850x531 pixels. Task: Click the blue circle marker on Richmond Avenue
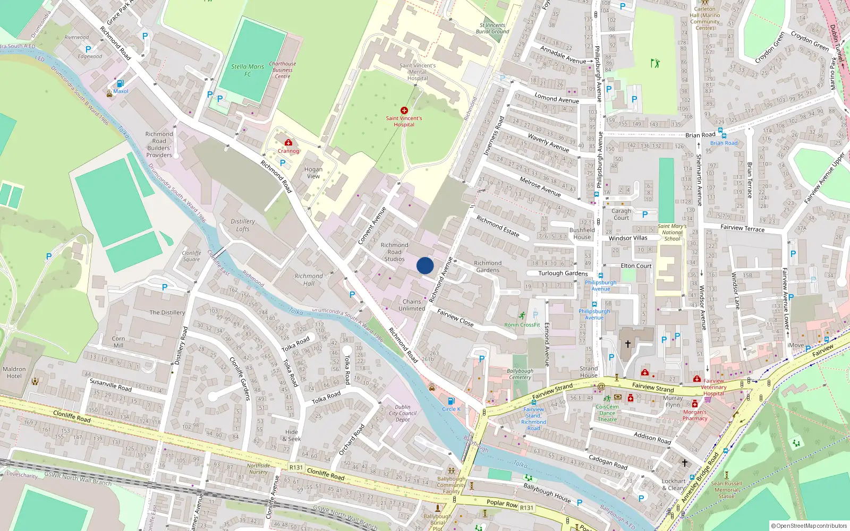tap(425, 265)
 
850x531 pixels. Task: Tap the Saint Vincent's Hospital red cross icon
tap(404, 110)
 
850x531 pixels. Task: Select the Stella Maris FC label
tap(248, 70)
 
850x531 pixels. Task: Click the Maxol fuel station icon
tap(120, 83)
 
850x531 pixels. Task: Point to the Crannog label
tap(288, 151)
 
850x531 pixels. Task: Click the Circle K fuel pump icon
tap(451, 401)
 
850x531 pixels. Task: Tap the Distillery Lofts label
tap(243, 225)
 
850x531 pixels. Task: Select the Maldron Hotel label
tap(14, 372)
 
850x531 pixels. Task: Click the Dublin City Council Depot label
tap(403, 413)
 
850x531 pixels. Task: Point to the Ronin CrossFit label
tap(522, 324)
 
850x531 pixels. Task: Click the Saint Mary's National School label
tap(672, 232)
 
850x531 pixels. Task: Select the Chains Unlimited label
tap(412, 305)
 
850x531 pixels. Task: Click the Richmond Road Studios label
tap(394, 252)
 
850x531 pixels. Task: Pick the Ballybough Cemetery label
tap(520, 374)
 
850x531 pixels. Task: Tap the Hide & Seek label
tap(291, 435)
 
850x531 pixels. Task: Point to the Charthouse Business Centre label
tap(283, 70)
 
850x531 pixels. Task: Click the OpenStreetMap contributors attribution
tap(809, 526)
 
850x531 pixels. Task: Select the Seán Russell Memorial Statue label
tap(726, 490)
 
